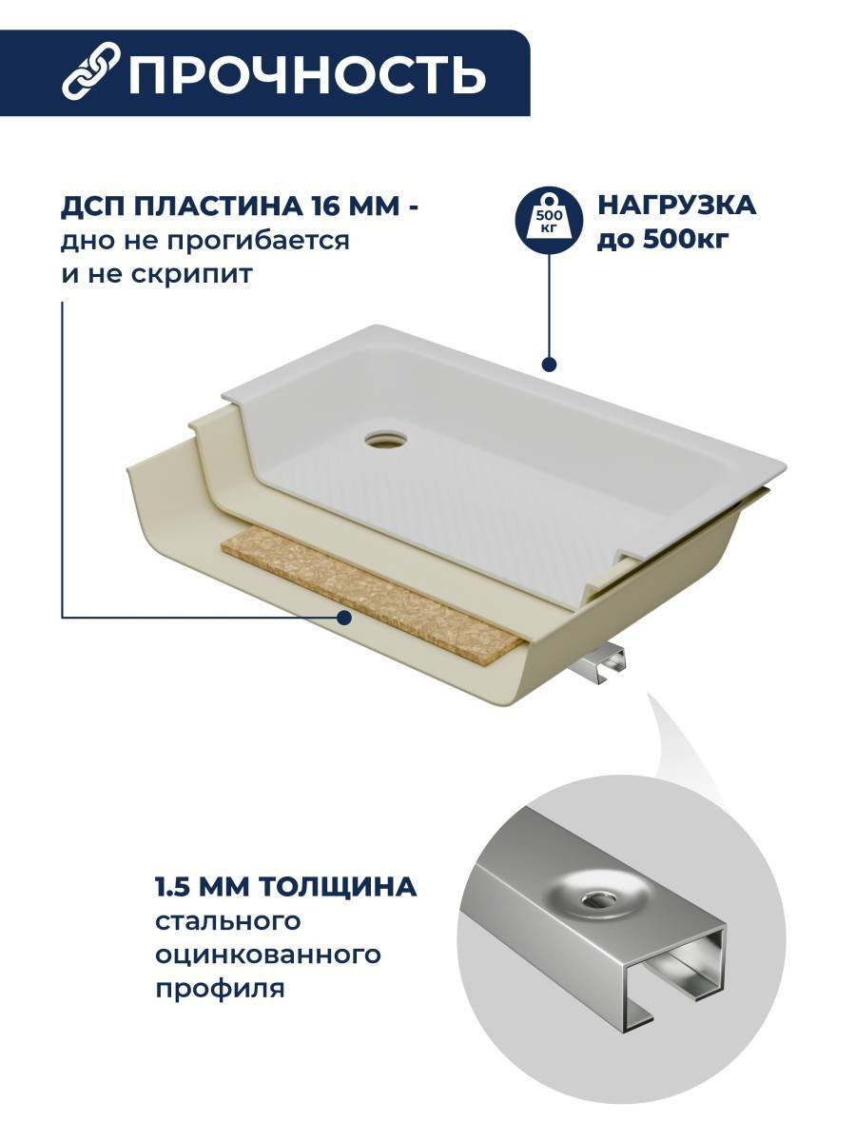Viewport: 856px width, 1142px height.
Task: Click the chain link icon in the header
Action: click(91, 71)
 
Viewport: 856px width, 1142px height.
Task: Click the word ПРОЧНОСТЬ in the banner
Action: click(307, 72)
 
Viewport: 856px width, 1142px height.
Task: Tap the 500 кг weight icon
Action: click(549, 220)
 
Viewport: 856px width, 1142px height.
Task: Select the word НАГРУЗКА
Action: click(676, 206)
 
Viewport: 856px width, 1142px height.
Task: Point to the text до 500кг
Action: click(663, 240)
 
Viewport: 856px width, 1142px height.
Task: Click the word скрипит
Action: click(191, 275)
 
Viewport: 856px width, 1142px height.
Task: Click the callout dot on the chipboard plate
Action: click(343, 618)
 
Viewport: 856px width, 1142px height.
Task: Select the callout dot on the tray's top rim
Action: click(549, 364)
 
